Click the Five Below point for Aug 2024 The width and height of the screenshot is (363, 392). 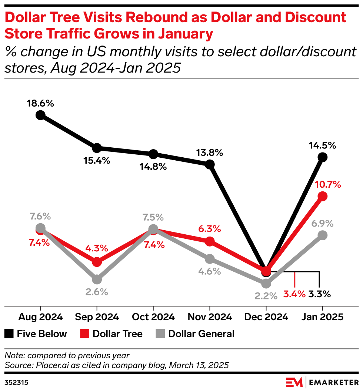coord(40,115)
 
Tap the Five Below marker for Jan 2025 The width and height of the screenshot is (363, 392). coord(323,157)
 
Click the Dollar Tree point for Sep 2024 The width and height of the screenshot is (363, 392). coord(97,262)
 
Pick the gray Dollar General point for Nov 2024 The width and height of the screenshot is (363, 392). coord(210,258)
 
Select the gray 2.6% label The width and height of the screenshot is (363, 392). coord(96,292)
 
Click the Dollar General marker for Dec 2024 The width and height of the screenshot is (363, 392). coord(266,284)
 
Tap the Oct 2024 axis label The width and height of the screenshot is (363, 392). coord(153,317)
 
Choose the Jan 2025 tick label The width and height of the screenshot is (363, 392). coord(323,317)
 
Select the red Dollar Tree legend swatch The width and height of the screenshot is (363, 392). coord(84,334)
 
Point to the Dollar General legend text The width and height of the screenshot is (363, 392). coord(201,334)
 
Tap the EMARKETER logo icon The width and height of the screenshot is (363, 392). coord(294,381)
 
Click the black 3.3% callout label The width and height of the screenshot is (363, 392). coord(319,295)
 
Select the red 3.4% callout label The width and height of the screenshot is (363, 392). coord(295,295)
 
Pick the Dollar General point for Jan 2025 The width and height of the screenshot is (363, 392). coord(323,235)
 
